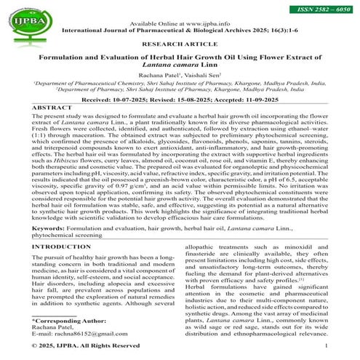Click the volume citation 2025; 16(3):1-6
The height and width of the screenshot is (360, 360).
pyautogui.click(x=289, y=31)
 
